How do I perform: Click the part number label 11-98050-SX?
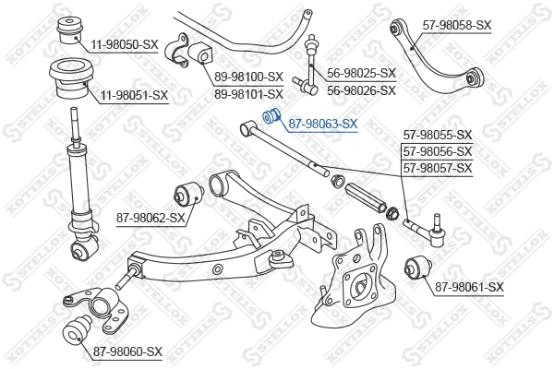coord(125,44)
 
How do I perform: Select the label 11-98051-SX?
coord(135,94)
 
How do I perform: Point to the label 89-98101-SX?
coord(248,94)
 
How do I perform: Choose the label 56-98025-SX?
coord(361,73)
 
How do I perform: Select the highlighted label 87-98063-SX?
coord(323,123)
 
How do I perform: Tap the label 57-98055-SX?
coord(438,135)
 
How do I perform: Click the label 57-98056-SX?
coord(438,151)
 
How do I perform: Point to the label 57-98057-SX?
coord(438,167)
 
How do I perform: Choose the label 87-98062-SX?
coord(151,218)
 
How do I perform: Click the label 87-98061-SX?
coord(469,288)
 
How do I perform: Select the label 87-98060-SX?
coord(126,351)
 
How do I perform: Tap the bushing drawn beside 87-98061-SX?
coord(417,271)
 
